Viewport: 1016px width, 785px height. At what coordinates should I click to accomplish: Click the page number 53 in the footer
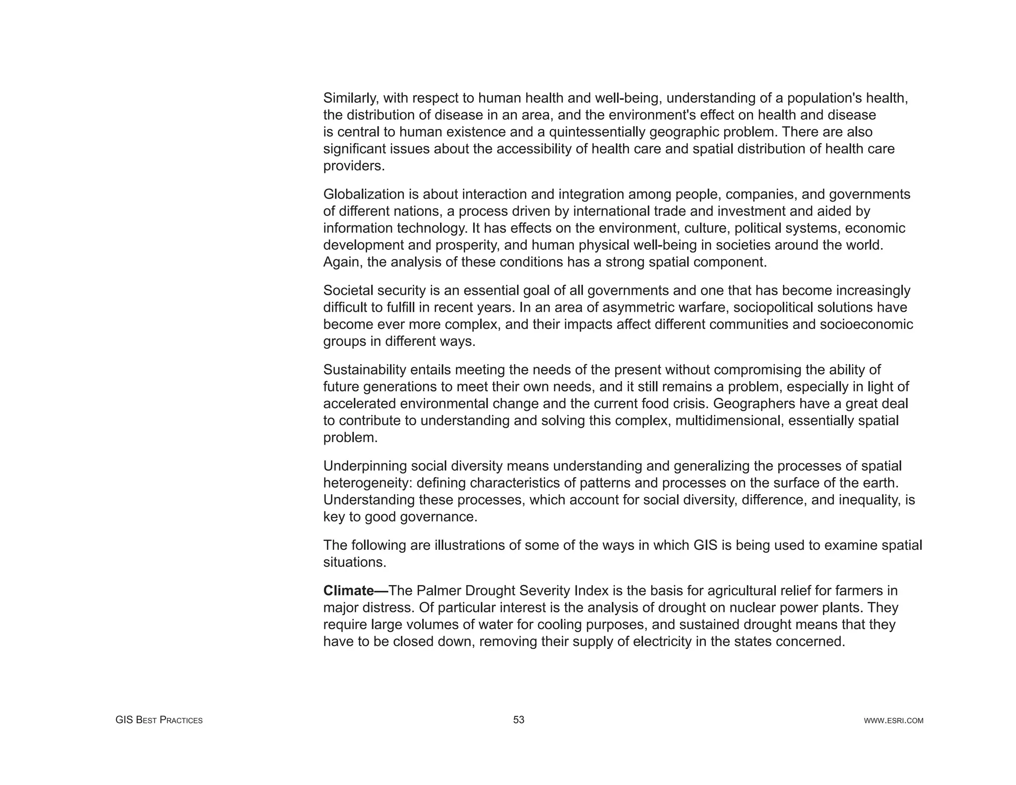pyautogui.click(x=518, y=720)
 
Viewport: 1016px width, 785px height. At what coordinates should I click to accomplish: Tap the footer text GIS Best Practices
pyautogui.click(x=159, y=720)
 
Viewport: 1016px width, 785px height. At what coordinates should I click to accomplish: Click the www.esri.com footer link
pyautogui.click(x=893, y=720)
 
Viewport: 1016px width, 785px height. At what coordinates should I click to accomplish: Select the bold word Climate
pyautogui.click(x=348, y=590)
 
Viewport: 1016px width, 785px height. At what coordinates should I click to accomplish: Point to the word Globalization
pyautogui.click(x=364, y=194)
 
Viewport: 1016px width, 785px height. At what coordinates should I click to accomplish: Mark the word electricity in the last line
pyautogui.click(x=662, y=642)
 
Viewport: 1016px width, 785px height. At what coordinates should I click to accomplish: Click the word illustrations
pyautogui.click(x=475, y=545)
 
